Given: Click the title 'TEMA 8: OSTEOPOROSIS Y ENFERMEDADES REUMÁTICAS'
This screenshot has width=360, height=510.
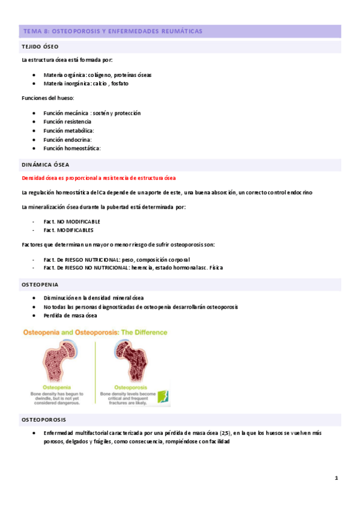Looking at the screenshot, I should [x=112, y=31].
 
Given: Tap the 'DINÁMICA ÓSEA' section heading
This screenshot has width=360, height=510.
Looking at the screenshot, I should [x=45, y=164].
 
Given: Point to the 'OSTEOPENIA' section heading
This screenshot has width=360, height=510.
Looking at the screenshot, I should [x=40, y=284].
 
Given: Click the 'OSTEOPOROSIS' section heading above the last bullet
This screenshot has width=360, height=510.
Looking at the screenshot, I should [x=44, y=419].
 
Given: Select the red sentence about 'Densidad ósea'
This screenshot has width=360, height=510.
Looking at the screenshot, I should [x=98, y=178].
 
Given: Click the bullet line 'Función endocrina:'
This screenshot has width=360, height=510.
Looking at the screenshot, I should [x=67, y=139].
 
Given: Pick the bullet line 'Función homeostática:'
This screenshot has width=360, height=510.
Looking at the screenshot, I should [x=72, y=148].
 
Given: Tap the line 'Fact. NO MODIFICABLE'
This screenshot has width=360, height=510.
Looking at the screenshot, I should [x=72, y=221].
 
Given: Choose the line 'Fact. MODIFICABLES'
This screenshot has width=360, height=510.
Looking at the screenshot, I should [x=68, y=230].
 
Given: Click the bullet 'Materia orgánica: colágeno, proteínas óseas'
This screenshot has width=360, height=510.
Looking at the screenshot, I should [x=97, y=75].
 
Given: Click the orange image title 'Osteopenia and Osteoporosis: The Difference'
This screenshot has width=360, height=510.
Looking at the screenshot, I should [x=94, y=332].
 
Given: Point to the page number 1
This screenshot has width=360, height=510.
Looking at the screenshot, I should [x=337, y=478].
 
